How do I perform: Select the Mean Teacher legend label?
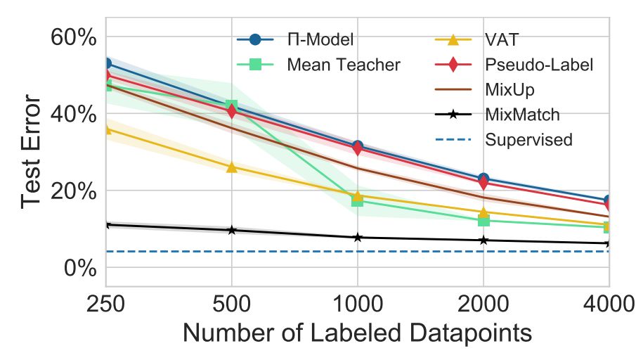343,65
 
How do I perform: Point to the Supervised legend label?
528,139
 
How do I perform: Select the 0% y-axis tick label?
80,268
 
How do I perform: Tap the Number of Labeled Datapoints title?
357,332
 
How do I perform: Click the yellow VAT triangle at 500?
231,167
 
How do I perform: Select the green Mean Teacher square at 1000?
357,200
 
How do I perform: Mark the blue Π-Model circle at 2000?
483,179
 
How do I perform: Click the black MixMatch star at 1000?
357,238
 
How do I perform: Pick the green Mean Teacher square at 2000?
483,220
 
